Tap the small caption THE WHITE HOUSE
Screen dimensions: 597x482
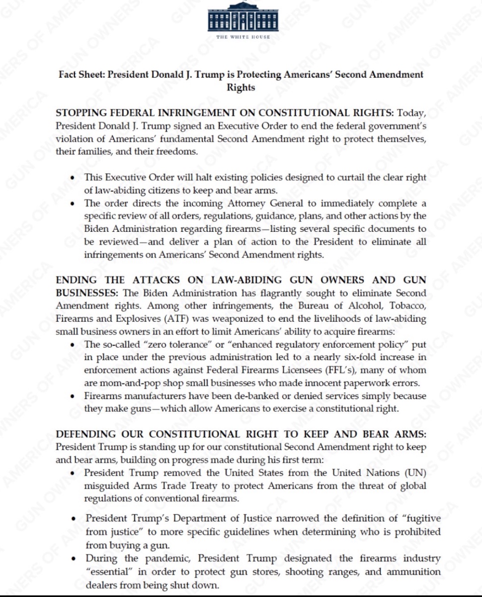click(242, 37)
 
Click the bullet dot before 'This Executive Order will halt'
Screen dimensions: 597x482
click(74, 178)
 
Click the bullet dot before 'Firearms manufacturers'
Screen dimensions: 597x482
click(74, 397)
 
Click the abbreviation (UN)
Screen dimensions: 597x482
click(416, 473)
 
